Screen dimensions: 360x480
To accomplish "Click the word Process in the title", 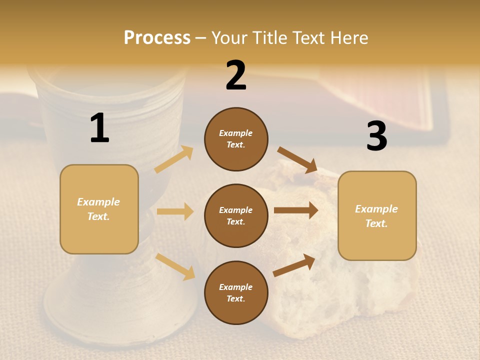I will coord(157,37).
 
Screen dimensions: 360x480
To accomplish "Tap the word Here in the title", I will coord(347,37).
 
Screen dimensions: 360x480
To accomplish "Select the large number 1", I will coord(99,128).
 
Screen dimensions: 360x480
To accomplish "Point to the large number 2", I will coord(236,75).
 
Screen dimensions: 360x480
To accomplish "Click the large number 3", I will coord(376,136).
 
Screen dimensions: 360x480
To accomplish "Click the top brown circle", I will coord(236,139).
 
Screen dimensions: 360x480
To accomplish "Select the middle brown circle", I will coord(236,216).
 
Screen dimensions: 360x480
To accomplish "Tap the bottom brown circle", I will coord(236,293).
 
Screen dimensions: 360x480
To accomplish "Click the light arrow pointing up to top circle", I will coord(174,159).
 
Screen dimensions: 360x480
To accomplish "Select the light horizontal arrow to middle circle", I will coord(175,211).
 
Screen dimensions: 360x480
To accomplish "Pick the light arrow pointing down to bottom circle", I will coord(175,266).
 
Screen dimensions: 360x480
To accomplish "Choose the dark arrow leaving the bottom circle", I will coord(294,265).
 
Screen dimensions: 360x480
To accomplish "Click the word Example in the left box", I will coord(98,202).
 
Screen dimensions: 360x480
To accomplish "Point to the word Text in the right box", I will coord(376,223).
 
